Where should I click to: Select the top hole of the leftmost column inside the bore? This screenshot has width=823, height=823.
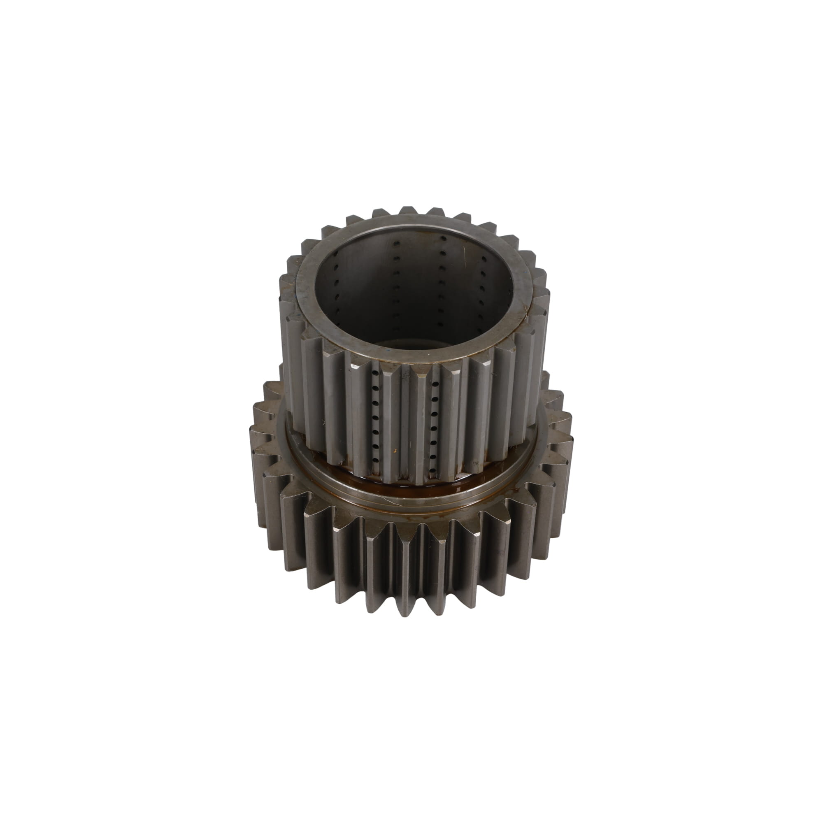[337, 253]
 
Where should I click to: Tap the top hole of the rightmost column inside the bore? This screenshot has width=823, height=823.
[484, 258]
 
